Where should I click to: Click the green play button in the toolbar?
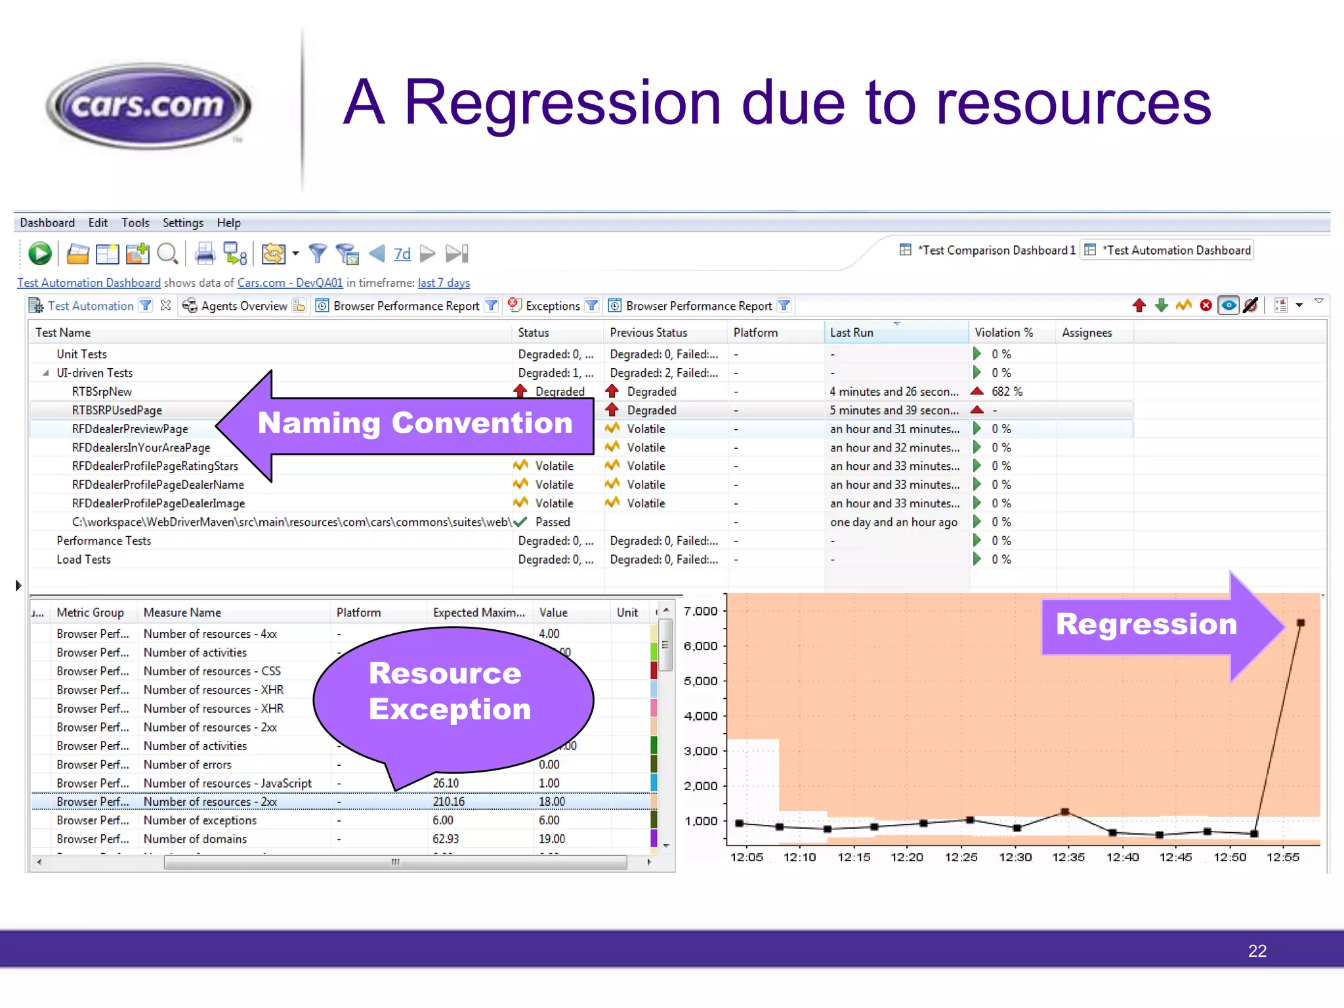(x=40, y=253)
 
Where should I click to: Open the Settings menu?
(x=182, y=222)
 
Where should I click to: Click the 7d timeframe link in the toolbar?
(x=402, y=254)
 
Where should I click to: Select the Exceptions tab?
(x=553, y=306)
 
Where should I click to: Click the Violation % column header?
(x=1003, y=333)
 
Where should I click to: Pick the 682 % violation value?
(x=1007, y=391)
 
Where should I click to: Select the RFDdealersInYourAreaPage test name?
(x=141, y=448)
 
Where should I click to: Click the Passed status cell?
(x=552, y=522)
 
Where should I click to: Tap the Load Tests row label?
(x=83, y=560)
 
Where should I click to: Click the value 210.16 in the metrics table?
(x=448, y=802)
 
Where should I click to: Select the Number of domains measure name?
(x=195, y=839)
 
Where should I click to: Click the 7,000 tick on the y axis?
(x=701, y=612)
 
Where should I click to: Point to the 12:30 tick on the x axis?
(x=1015, y=857)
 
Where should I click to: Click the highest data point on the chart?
(x=1300, y=623)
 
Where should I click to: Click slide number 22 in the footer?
(x=1257, y=951)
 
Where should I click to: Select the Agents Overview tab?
(x=243, y=306)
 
